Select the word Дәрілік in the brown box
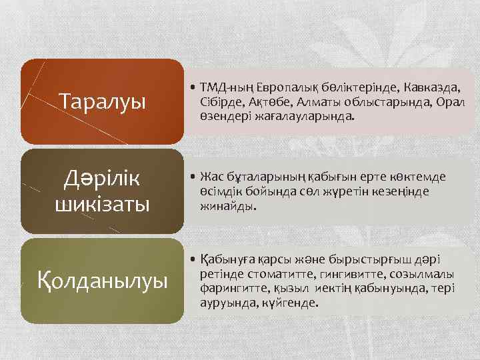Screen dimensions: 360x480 pyautogui.click(x=102, y=179)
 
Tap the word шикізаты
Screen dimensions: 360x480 pyautogui.click(x=102, y=202)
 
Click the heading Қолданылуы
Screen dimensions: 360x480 pyautogui.click(x=102, y=281)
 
